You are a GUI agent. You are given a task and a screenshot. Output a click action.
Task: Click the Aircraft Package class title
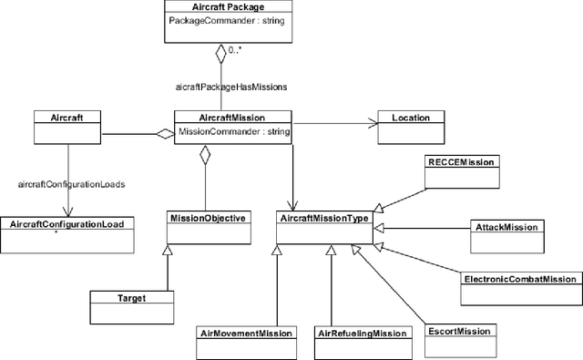(x=221, y=7)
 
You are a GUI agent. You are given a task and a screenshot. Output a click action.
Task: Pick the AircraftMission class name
(x=232, y=117)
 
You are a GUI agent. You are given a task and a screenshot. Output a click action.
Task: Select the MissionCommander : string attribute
(x=233, y=131)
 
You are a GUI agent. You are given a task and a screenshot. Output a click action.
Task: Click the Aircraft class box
(x=66, y=129)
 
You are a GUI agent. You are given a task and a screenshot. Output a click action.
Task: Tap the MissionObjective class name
(x=208, y=218)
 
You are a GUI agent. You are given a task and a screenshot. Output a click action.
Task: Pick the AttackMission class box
(x=507, y=231)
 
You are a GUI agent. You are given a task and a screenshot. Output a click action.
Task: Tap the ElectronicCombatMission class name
(x=519, y=279)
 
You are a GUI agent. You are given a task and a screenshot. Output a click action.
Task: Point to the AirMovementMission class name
(x=246, y=334)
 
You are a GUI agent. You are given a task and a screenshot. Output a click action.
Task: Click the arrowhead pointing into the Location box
(x=372, y=119)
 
